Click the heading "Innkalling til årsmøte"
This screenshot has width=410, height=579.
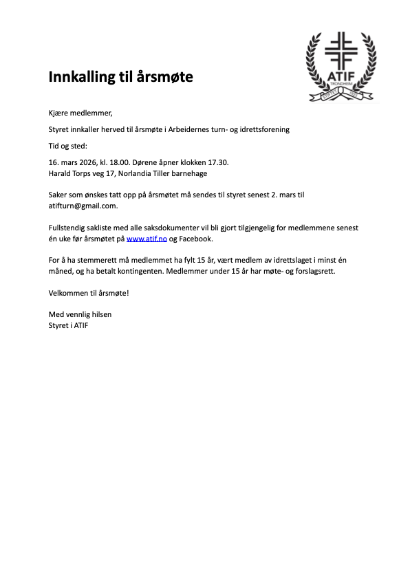(120, 76)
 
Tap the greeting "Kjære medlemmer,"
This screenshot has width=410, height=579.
(80, 113)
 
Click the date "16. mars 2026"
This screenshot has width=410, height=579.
(72, 162)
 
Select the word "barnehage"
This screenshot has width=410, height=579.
(186, 173)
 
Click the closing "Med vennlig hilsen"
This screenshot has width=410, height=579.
(80, 314)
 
